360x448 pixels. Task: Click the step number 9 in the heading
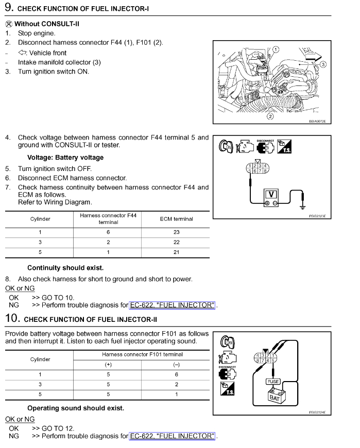click(x=8, y=8)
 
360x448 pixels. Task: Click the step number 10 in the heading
click(x=12, y=319)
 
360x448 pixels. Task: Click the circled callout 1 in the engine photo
click(x=276, y=49)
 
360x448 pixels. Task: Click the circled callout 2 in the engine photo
click(x=269, y=116)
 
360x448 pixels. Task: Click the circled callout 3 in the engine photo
click(x=323, y=64)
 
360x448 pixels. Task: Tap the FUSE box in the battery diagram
click(x=272, y=382)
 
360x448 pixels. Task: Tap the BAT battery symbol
click(x=273, y=397)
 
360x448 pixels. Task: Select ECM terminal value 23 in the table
click(x=176, y=232)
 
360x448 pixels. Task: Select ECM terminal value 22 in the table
click(x=176, y=242)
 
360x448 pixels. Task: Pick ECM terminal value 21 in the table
click(x=176, y=252)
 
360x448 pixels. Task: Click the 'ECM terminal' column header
click(x=176, y=219)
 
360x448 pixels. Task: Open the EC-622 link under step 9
click(x=172, y=305)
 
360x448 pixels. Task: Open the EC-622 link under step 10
click(x=172, y=436)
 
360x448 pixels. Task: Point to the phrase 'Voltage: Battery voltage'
click(x=65, y=158)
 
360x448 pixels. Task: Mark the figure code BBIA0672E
click(x=317, y=122)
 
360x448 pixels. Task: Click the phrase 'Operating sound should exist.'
click(x=75, y=408)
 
